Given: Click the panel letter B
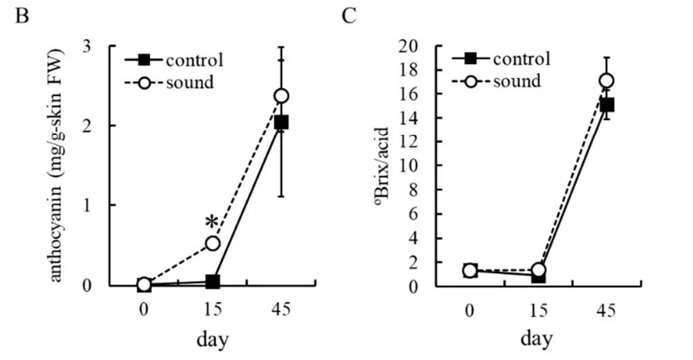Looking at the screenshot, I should click(22, 15).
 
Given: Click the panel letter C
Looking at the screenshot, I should click(349, 15).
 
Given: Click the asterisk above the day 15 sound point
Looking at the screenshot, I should click(212, 222).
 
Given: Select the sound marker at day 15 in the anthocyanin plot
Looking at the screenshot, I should click(213, 243).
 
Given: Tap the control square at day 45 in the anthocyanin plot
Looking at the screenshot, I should click(281, 122).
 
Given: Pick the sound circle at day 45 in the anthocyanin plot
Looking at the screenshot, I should click(281, 95).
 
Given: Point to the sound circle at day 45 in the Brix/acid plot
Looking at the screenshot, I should click(606, 80).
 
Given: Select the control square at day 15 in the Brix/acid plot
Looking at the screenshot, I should click(538, 275).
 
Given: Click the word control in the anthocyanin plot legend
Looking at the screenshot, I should click(195, 59).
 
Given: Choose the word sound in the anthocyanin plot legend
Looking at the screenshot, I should click(190, 82).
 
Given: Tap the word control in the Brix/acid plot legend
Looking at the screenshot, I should click(521, 58).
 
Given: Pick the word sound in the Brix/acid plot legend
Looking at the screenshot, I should click(517, 81).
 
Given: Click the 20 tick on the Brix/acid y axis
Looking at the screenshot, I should click(427, 46).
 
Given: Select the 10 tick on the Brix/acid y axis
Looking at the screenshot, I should click(427, 166).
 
